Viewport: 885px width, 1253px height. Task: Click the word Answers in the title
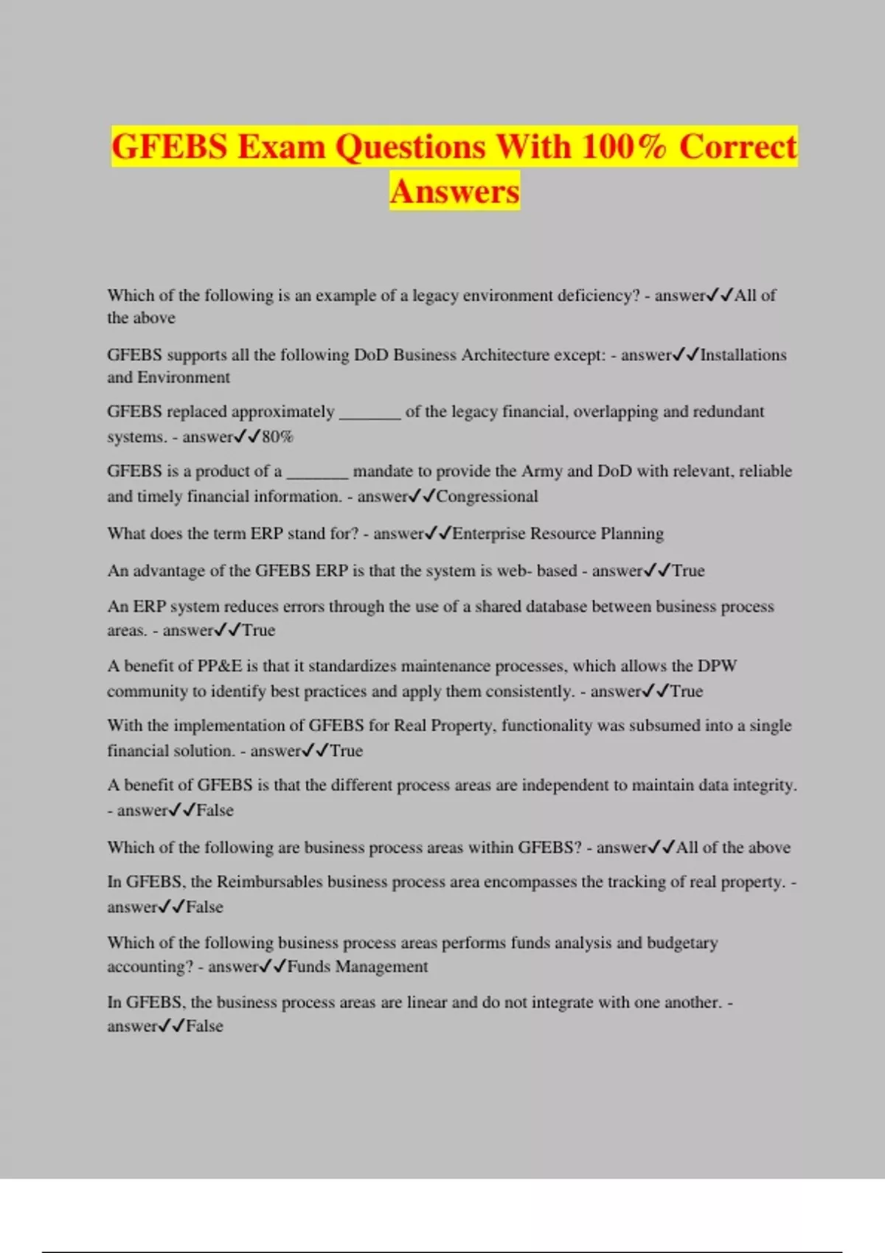coord(454,191)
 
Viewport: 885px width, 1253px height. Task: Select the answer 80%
coord(277,436)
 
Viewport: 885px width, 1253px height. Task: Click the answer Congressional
coord(487,496)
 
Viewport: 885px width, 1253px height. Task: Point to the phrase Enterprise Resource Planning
coord(558,533)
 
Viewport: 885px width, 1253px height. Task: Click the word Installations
coord(743,355)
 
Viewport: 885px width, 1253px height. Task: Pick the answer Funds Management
coord(357,966)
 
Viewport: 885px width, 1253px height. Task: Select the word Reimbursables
coord(269,882)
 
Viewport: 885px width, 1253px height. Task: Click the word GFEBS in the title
coord(170,146)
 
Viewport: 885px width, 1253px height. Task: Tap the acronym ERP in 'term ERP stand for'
coord(266,533)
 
